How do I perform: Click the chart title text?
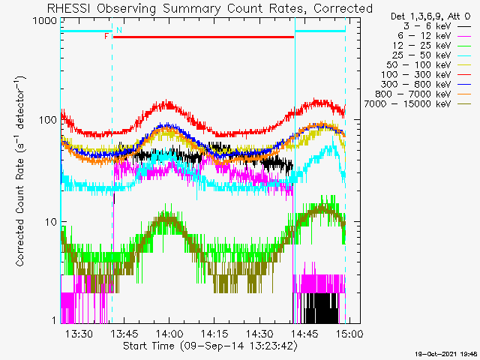pyautogui.click(x=210, y=8)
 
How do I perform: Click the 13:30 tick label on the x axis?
pyautogui.click(x=79, y=334)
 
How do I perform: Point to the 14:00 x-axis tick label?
pyautogui.click(x=169, y=334)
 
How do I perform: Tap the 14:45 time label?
pyautogui.click(x=304, y=334)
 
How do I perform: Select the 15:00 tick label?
pyautogui.click(x=349, y=334)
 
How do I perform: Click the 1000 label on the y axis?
pyautogui.click(x=45, y=21)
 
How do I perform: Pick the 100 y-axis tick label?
pyautogui.click(x=48, y=120)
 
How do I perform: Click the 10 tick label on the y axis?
pyautogui.click(x=51, y=222)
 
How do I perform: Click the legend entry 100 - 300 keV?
pyautogui.click(x=426, y=75)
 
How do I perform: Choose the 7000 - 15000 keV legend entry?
pyautogui.click(x=417, y=104)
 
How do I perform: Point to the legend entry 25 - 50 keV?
pyautogui.click(x=431, y=55)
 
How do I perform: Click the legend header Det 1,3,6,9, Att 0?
pyautogui.click(x=430, y=16)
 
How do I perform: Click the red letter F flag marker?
pyautogui.click(x=106, y=37)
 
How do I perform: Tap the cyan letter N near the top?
pyautogui.click(x=119, y=30)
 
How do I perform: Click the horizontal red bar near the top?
pyautogui.click(x=203, y=37)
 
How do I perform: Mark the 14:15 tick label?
pyautogui.click(x=214, y=334)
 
